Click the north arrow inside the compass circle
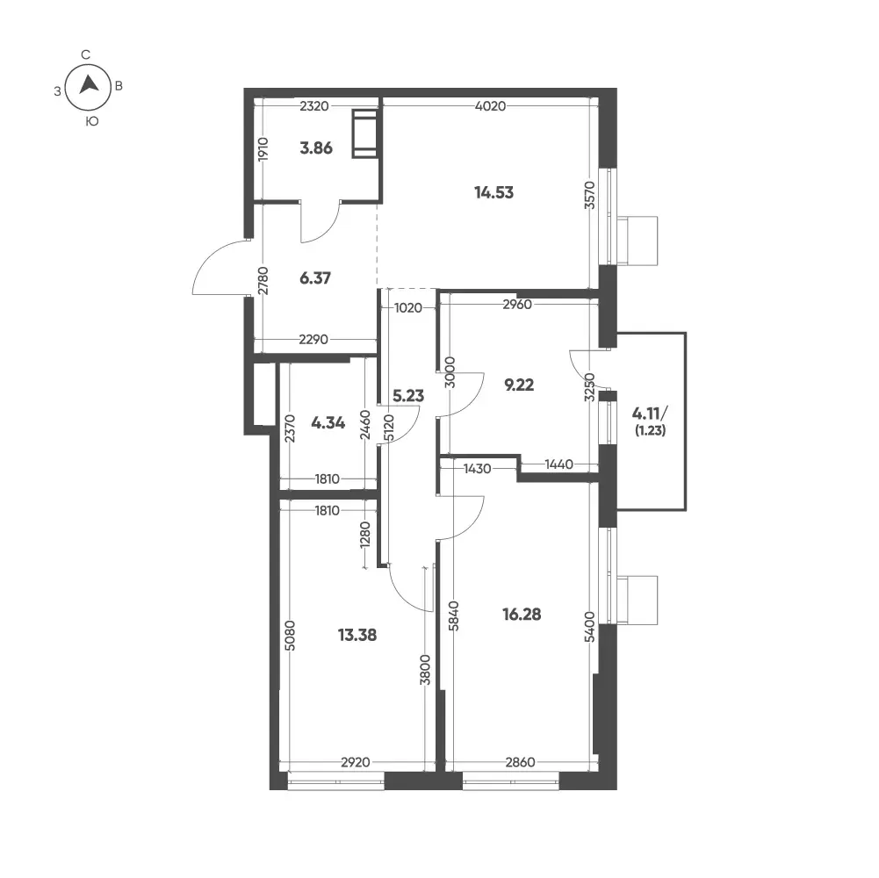click(x=89, y=84)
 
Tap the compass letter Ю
click(x=92, y=121)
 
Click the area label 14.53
click(x=494, y=193)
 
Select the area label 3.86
click(x=316, y=148)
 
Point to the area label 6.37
click(x=315, y=278)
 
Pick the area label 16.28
click(x=522, y=615)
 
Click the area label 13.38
click(x=357, y=635)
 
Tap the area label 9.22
click(x=519, y=385)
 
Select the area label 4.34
click(x=328, y=422)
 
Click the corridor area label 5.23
click(x=408, y=396)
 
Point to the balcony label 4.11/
click(x=651, y=414)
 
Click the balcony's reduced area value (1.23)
click(x=651, y=431)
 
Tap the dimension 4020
click(x=491, y=106)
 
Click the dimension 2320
click(x=314, y=106)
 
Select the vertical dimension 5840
click(x=454, y=615)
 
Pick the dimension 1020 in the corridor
click(x=408, y=308)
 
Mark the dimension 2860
click(x=520, y=762)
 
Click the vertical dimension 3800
click(x=426, y=669)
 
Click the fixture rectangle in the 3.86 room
click(x=365, y=134)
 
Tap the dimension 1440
click(x=558, y=464)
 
